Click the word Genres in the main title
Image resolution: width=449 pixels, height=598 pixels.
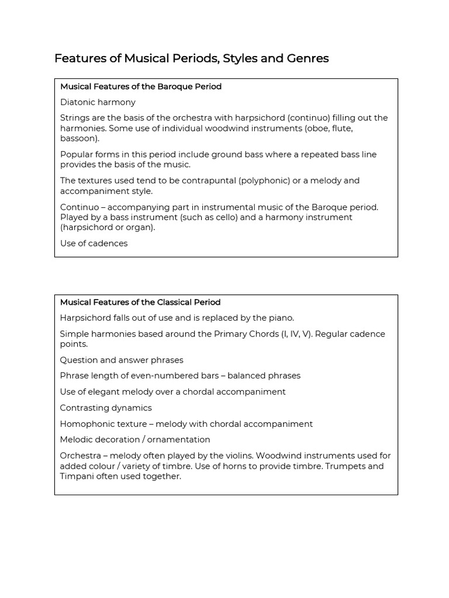(x=308, y=58)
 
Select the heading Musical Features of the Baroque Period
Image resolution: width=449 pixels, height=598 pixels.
(x=140, y=86)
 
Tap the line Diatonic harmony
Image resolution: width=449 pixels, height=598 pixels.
(x=98, y=102)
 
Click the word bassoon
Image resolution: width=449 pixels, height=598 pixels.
(x=78, y=138)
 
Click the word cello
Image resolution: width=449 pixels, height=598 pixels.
(x=222, y=217)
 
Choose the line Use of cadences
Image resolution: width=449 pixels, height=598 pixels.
(x=94, y=243)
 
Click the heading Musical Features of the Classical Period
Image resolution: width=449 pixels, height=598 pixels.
(x=140, y=303)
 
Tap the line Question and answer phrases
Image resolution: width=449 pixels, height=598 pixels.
(x=121, y=360)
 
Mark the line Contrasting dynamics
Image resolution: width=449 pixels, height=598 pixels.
(x=105, y=408)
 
